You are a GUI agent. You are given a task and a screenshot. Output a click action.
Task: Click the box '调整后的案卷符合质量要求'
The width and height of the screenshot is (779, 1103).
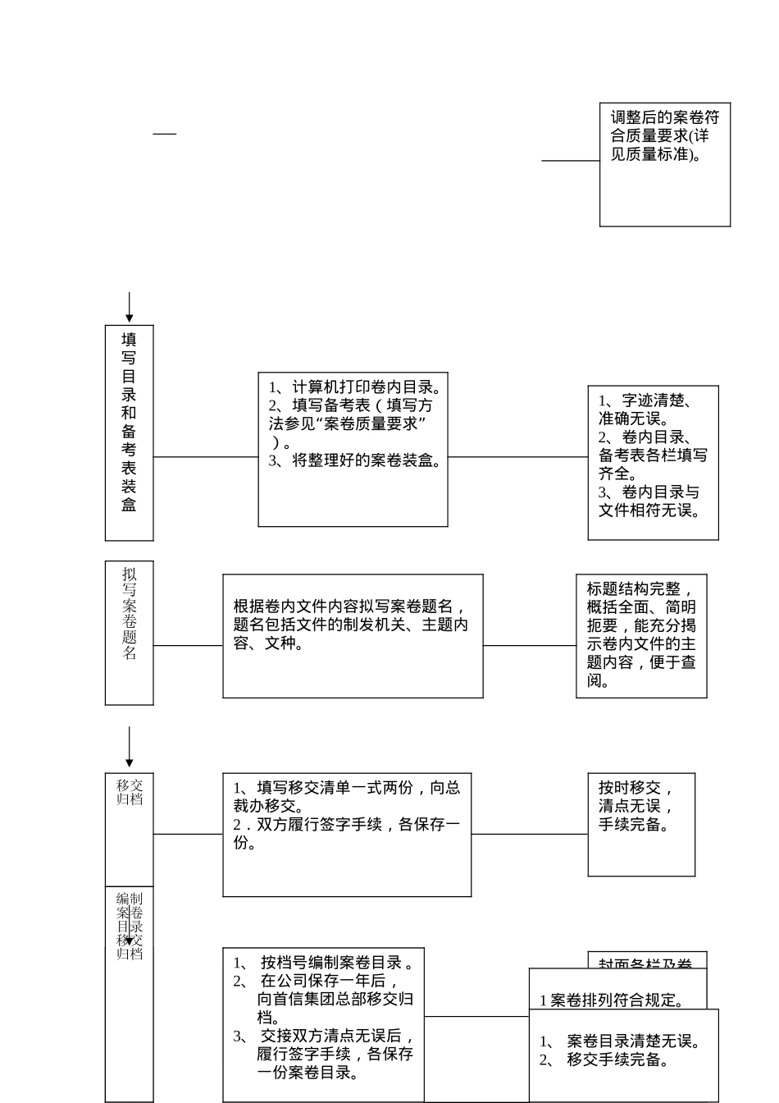664,164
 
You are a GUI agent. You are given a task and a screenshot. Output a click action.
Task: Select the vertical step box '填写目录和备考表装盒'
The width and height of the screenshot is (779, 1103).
129,433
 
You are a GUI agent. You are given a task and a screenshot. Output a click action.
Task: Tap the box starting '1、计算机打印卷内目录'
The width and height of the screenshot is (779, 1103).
353,449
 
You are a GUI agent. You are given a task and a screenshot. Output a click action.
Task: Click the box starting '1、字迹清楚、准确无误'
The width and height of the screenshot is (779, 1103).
653,463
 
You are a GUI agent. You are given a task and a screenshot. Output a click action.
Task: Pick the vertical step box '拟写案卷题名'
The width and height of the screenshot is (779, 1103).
129,632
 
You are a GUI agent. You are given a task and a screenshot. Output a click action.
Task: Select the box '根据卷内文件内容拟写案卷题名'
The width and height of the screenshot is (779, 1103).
353,636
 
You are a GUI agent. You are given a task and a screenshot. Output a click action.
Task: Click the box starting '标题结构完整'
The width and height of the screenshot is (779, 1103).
641,636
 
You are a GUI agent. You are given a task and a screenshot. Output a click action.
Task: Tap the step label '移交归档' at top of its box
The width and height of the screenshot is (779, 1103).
130,792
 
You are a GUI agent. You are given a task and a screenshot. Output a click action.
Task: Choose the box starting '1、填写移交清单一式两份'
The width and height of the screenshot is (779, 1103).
347,835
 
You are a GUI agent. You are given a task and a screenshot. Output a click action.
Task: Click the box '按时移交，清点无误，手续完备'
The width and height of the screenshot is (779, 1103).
641,824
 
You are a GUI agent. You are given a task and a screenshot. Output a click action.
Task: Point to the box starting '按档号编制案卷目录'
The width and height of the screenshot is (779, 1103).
323,1025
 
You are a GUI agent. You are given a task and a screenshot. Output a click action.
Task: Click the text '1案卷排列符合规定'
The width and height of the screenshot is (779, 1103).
612,1000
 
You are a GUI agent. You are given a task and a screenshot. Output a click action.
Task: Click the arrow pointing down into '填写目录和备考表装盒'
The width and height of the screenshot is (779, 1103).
129,309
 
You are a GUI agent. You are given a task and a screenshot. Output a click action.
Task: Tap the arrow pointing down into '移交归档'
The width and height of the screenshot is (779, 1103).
129,747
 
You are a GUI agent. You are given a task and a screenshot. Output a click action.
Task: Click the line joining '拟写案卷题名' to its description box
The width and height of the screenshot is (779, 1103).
188,646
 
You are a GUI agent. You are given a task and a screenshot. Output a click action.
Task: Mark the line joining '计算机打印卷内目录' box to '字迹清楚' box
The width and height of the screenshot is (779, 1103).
517,457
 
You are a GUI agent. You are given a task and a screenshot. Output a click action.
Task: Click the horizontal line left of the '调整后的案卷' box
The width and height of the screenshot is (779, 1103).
570,161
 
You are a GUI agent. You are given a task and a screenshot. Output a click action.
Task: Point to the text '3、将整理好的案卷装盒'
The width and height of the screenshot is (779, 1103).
355,460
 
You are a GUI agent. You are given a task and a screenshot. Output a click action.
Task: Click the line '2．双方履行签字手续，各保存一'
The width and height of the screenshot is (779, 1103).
347,825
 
